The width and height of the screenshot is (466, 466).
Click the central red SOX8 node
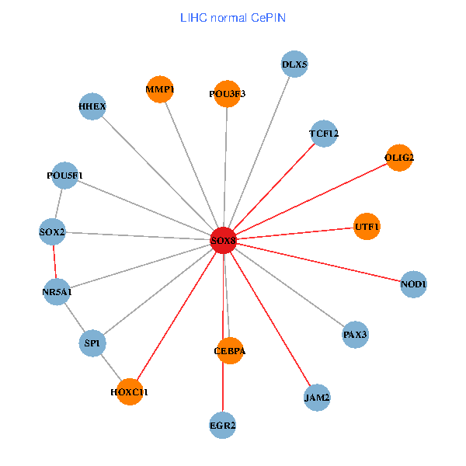click(224, 241)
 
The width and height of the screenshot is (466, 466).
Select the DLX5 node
click(295, 64)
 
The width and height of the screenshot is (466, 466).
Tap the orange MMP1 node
click(160, 89)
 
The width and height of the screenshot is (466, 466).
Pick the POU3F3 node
click(228, 94)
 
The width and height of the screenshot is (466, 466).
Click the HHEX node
click(92, 106)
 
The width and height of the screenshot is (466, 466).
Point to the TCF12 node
click(324, 134)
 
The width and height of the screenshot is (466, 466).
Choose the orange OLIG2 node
click(399, 158)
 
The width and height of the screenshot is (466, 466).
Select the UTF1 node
click(367, 227)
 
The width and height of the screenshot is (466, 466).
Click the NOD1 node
click(413, 284)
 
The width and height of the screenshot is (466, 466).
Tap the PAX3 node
click(355, 335)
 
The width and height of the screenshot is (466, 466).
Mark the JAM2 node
click(317, 398)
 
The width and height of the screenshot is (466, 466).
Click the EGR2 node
click(223, 425)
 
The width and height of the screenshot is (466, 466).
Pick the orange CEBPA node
click(230, 351)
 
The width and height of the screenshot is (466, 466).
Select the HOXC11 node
click(129, 392)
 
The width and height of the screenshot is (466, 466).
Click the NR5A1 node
click(57, 292)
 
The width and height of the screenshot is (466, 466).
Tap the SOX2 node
click(52, 231)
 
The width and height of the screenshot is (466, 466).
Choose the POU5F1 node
click(64, 176)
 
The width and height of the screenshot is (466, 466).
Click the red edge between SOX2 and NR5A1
click(54, 262)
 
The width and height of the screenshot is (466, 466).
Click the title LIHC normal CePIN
click(232, 16)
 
